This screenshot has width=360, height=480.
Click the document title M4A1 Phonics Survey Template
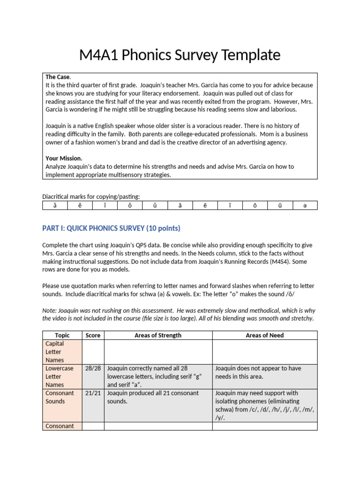pos(180,55)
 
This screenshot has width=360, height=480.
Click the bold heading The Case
pos(58,77)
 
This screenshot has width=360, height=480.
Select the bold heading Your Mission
pos(64,158)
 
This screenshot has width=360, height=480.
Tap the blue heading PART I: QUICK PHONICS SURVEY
pos(111,228)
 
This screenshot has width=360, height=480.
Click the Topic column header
pos(62,335)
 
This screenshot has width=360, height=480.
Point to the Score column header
pos(93,335)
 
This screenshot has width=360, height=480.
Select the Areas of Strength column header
pos(158,335)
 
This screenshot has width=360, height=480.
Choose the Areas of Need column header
pos(264,335)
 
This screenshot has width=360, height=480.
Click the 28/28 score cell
pos(93,368)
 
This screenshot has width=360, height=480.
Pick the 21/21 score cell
pos(93,393)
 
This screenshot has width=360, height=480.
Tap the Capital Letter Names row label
pos(55,352)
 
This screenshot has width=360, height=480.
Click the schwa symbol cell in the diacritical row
pos(305,205)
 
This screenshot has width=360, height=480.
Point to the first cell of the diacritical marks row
pos(55,205)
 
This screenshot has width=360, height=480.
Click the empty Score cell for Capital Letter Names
pos(93,352)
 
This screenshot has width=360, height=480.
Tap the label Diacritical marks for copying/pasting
pos(91,196)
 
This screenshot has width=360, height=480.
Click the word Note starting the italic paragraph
pos(49,310)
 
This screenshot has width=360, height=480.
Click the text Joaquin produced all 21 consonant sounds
pos(153,397)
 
